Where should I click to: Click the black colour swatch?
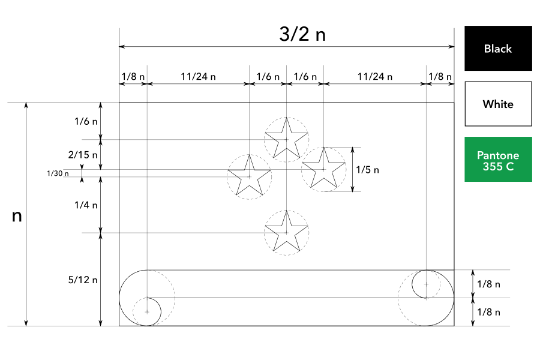point(498,48)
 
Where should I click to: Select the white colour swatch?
point(498,104)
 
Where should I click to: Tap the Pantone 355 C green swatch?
point(498,159)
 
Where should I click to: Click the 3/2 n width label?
point(302,34)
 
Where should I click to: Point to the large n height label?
point(17,216)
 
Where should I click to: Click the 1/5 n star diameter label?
point(367,169)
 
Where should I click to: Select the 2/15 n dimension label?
point(83,155)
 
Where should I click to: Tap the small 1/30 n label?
point(58,173)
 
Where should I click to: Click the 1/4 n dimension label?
point(86,205)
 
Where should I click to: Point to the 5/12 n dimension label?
point(83,280)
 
